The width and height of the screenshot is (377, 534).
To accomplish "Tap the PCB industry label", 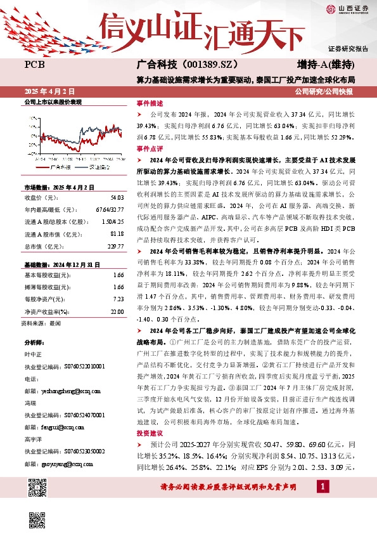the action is click(34, 65).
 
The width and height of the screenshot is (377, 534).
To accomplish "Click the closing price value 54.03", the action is click(116, 198).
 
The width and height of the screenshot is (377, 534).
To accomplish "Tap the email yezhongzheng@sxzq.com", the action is click(51, 393).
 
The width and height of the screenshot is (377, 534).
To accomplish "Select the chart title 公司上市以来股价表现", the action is click(53, 102).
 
